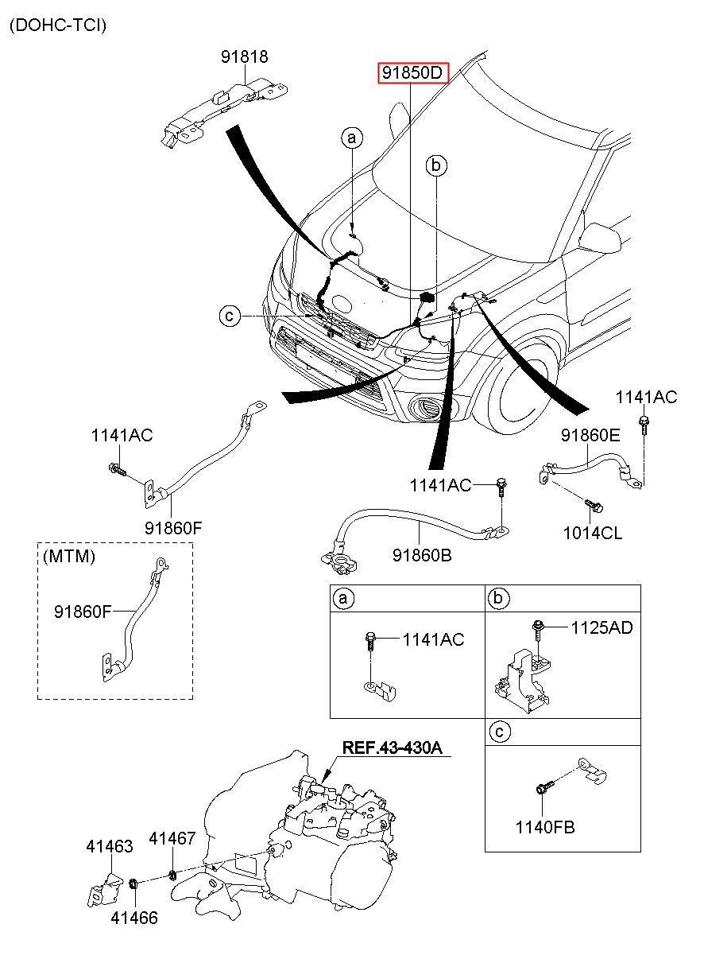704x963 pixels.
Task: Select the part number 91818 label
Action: (x=244, y=57)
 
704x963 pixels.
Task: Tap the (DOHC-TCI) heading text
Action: (x=57, y=25)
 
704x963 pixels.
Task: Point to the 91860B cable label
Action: (x=422, y=554)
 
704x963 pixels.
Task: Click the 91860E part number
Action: (x=590, y=435)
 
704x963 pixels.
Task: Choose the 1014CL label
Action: (x=593, y=532)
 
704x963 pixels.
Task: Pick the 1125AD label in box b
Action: (x=601, y=627)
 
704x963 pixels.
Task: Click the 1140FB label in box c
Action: (x=544, y=827)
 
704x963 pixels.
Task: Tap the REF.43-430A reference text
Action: (x=392, y=747)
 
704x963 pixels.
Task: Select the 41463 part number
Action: (x=109, y=846)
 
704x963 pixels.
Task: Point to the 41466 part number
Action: (x=133, y=918)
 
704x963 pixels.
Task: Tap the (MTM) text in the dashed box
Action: (x=69, y=556)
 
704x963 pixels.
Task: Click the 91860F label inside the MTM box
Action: (x=83, y=612)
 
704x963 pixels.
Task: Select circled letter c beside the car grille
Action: (x=229, y=316)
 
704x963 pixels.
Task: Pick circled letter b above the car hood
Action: (x=435, y=165)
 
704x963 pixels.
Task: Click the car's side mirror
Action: (x=601, y=236)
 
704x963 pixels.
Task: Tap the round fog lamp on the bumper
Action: (x=427, y=410)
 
